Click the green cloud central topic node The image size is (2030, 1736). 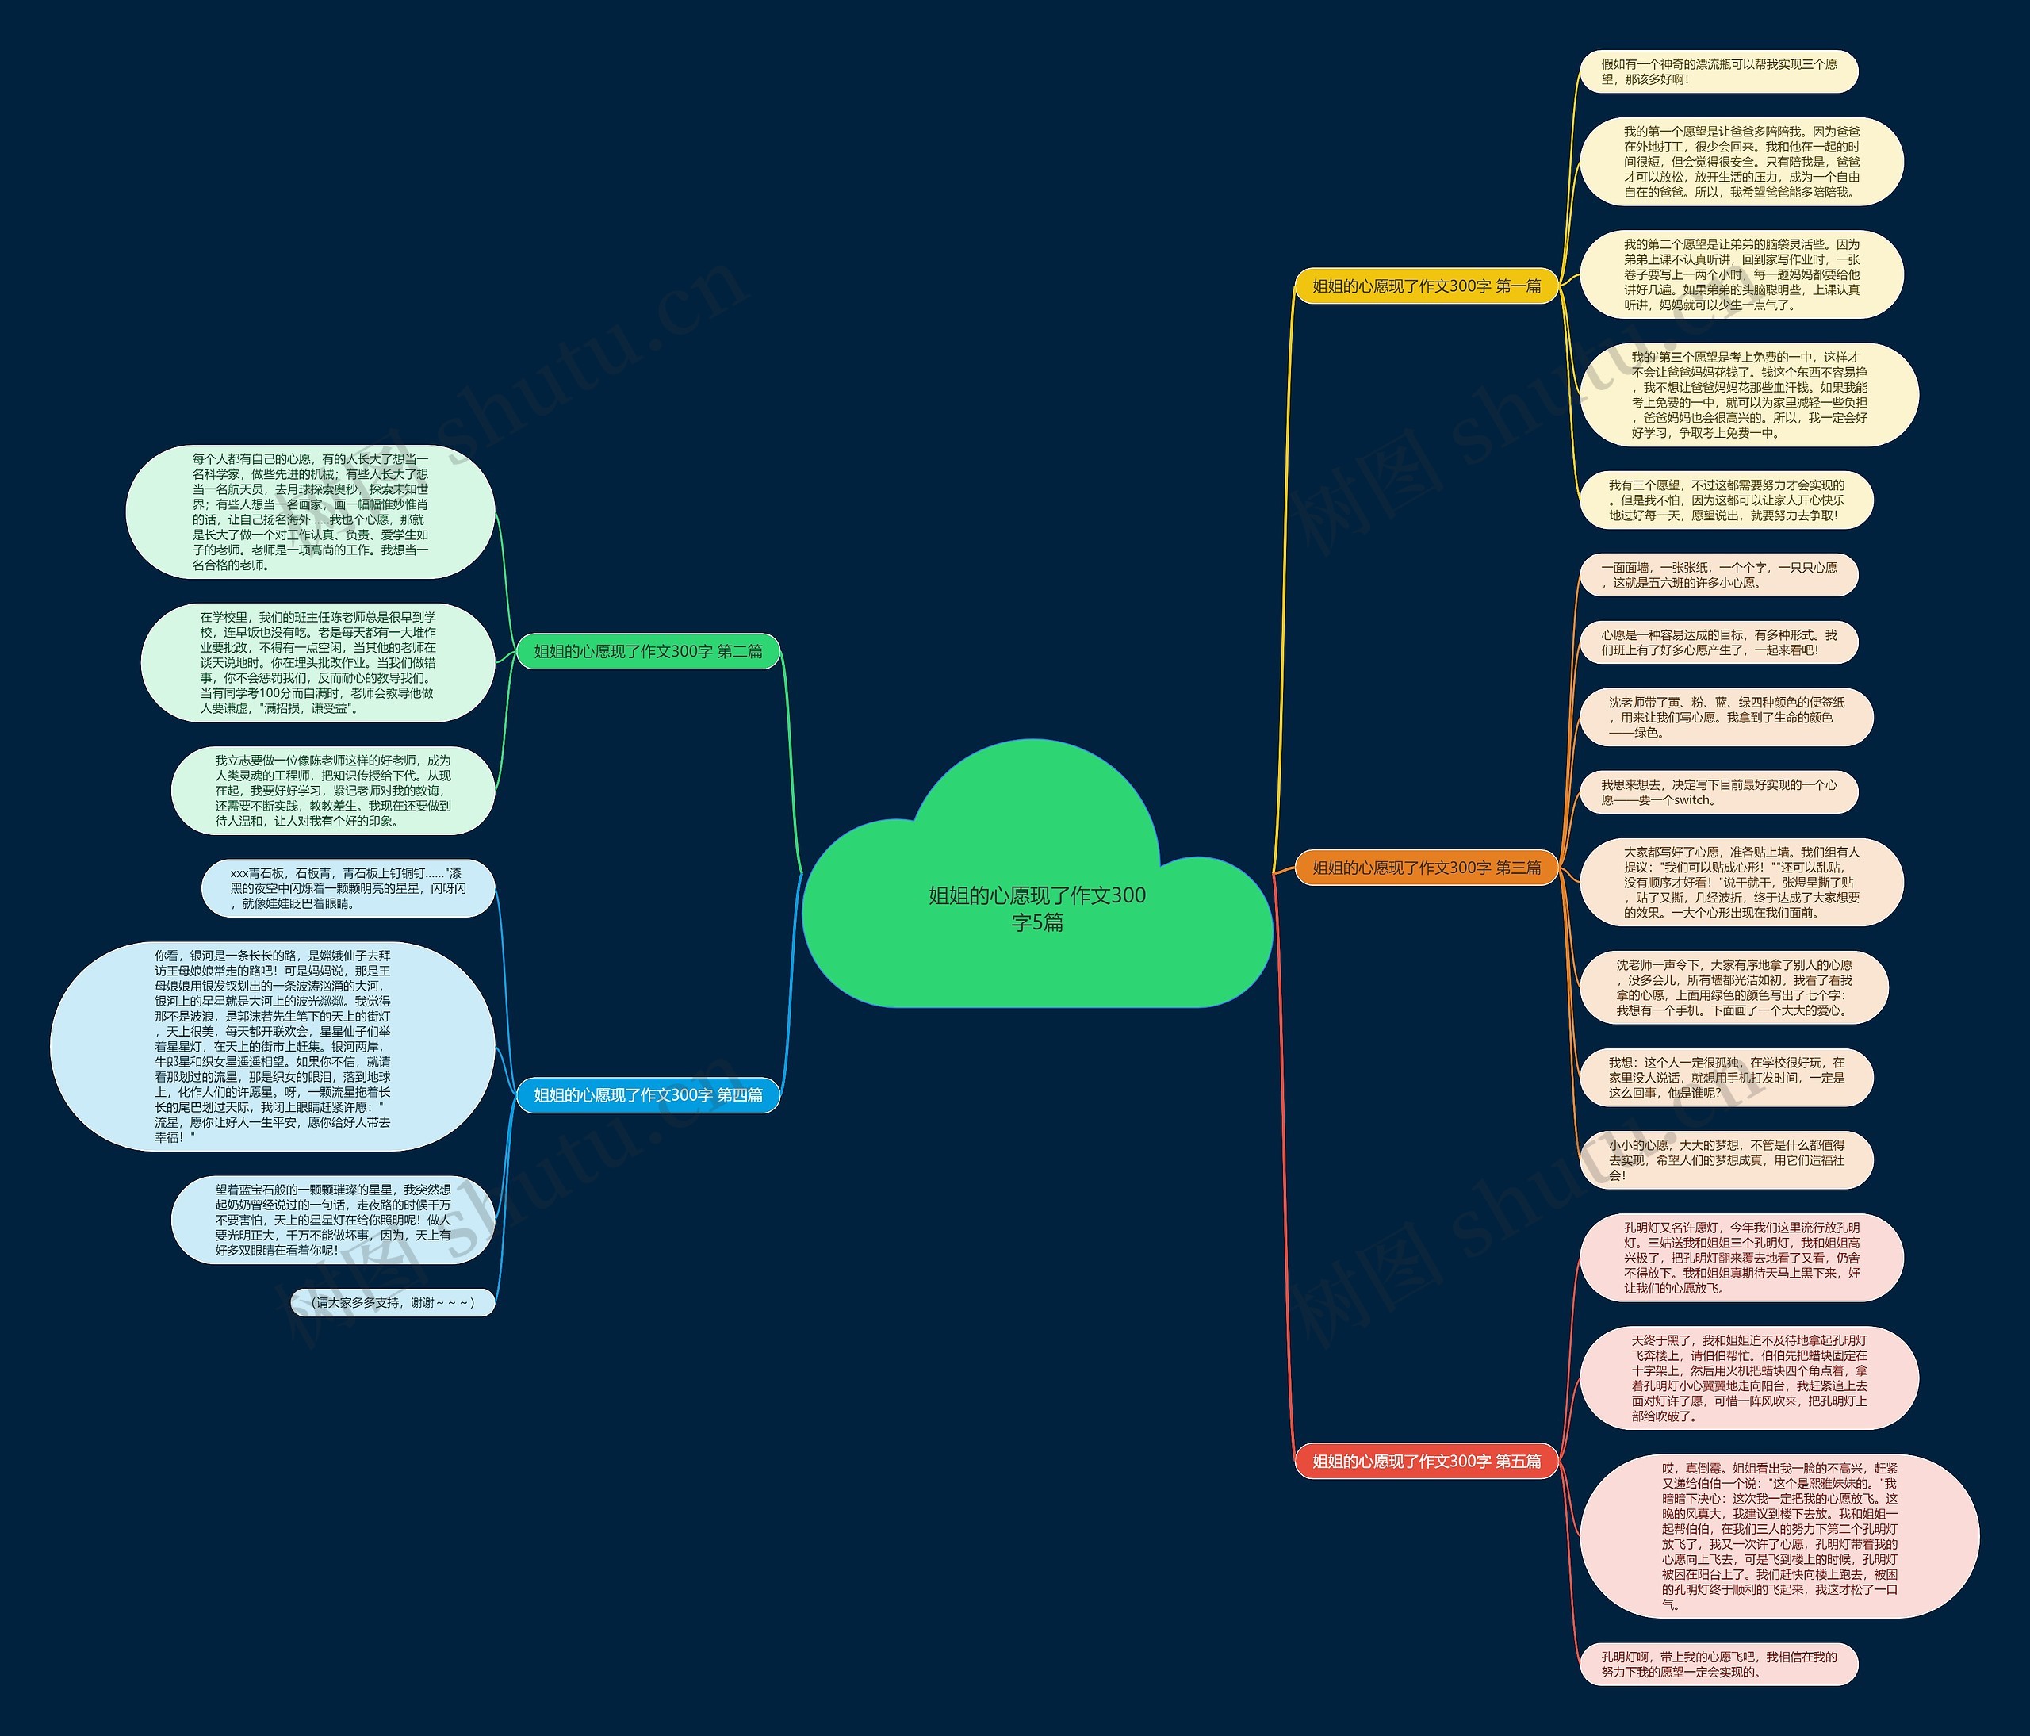coord(1036,906)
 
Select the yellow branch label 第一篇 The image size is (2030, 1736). coord(1426,286)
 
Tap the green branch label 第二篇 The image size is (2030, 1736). coord(648,651)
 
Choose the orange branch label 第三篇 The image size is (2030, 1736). coord(1426,867)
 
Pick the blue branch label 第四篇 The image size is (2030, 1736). coord(648,1094)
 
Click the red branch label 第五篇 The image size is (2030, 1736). coord(1426,1461)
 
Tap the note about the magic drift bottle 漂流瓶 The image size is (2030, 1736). coord(1718,71)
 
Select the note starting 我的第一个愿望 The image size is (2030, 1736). coord(1741,162)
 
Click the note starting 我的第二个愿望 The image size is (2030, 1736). coord(1741,274)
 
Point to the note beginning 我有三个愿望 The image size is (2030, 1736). coord(1726,500)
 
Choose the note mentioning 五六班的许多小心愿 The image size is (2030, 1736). coord(1718,575)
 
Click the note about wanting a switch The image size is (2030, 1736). coord(1718,792)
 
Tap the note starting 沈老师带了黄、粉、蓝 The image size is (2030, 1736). coord(1726,717)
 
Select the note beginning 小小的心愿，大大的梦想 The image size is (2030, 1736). coord(1726,1160)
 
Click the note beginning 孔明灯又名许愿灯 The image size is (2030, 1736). coord(1741,1258)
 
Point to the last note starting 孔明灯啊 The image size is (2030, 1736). coord(1718,1665)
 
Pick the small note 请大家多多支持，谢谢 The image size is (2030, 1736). coord(393,1302)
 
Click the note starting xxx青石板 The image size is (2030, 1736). coord(348,888)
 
